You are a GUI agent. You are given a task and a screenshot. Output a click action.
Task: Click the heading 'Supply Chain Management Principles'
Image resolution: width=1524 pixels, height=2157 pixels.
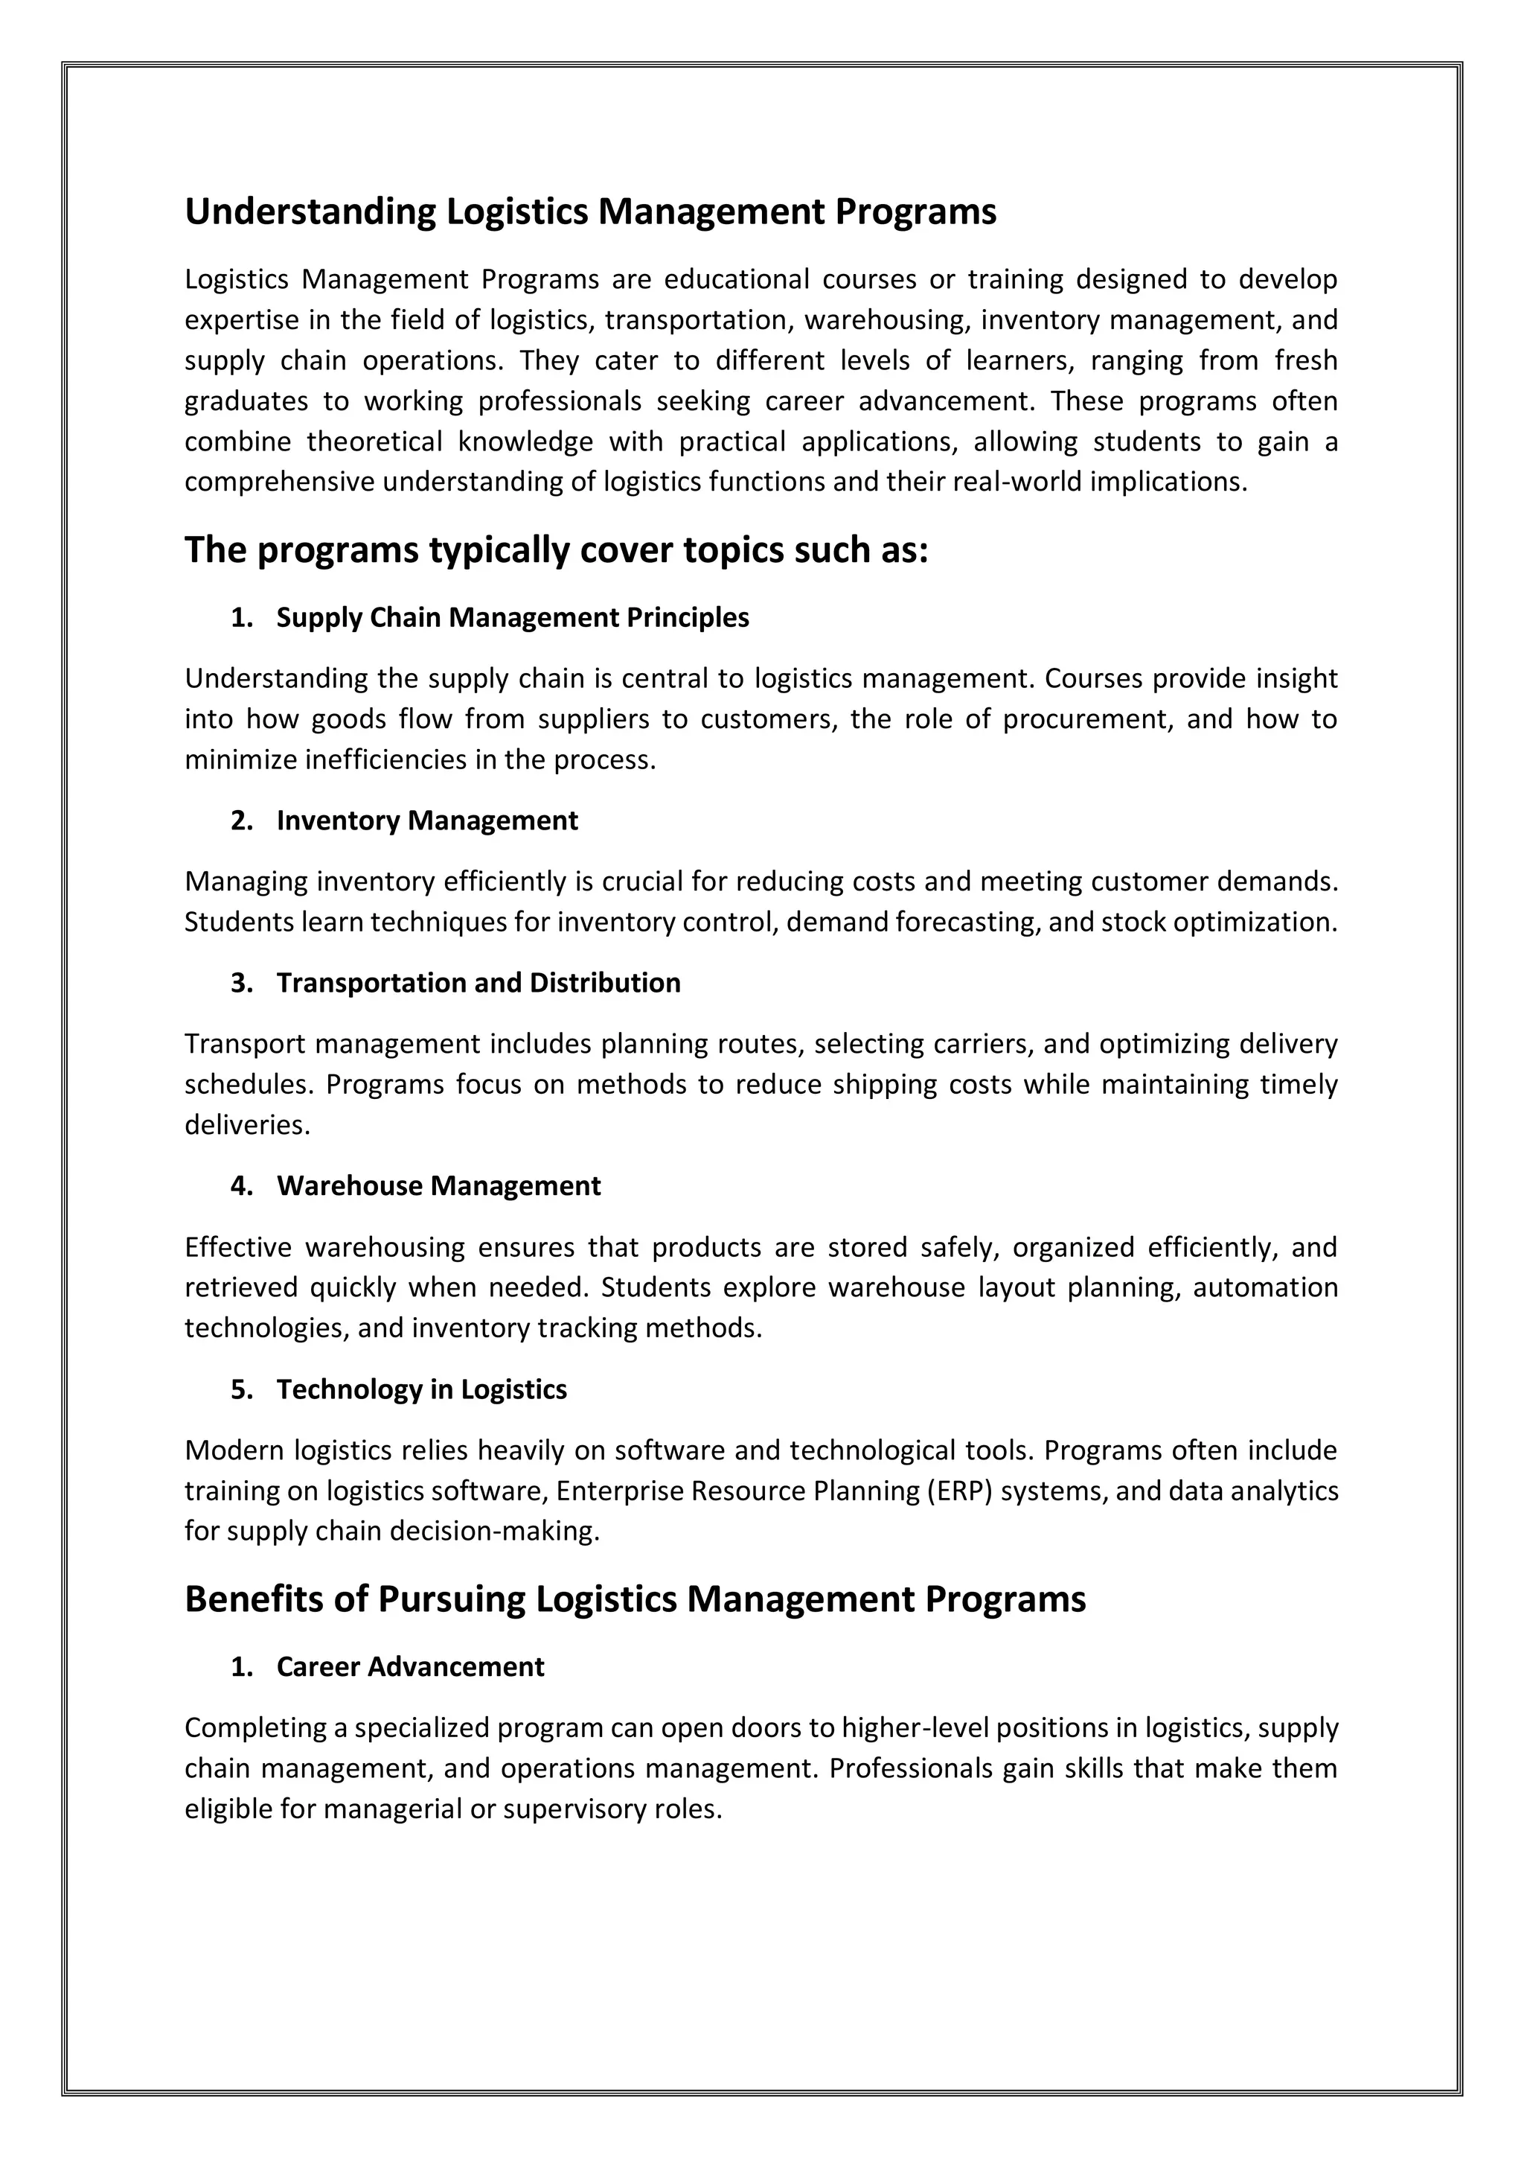pos(512,618)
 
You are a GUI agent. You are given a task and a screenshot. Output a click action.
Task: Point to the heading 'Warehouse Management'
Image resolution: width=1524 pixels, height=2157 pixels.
pos(438,1187)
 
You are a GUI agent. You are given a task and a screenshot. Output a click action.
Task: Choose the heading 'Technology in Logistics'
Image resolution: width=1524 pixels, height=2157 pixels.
pos(422,1389)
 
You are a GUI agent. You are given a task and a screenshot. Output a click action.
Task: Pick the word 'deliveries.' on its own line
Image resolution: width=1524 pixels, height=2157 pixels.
pos(247,1126)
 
